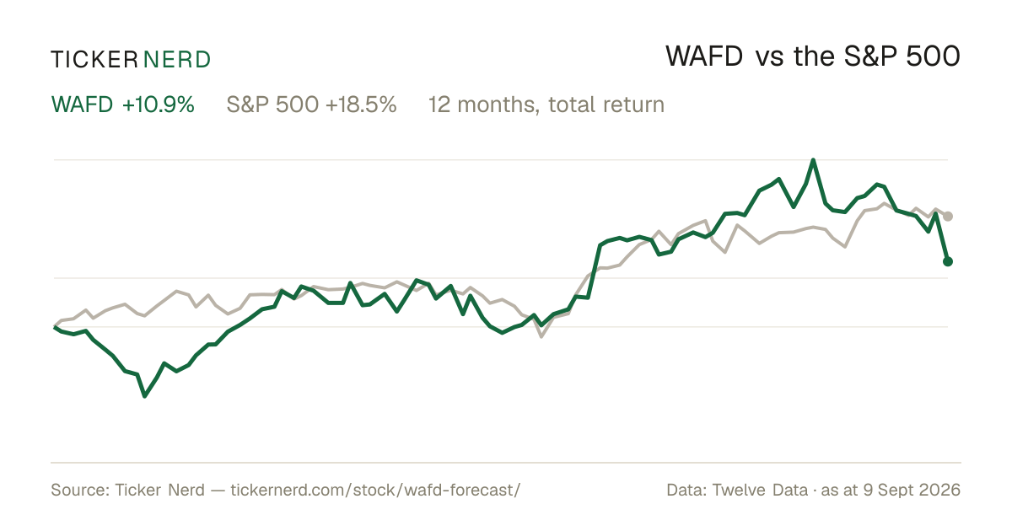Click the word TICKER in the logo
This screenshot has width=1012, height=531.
[x=94, y=60]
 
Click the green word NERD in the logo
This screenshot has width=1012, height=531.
[x=177, y=60]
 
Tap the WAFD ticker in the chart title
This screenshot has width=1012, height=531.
[x=704, y=56]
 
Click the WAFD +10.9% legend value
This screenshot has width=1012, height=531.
[x=123, y=105]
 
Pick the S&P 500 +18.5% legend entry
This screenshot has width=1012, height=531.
[x=311, y=105]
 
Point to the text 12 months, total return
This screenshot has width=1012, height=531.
[x=546, y=105]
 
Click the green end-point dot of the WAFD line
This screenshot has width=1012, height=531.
[x=948, y=261]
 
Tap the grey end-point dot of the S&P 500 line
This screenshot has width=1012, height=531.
[x=948, y=217]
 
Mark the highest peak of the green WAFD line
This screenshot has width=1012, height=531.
[x=813, y=160]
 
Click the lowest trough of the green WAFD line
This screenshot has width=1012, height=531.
[x=144, y=396]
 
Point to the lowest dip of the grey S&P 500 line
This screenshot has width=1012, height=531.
[x=541, y=336]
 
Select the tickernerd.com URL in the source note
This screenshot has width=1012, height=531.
[x=375, y=490]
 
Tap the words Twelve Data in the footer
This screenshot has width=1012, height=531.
[x=760, y=490]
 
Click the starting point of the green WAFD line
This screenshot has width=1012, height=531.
[x=55, y=327]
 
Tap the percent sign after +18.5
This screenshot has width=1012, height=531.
[x=389, y=105]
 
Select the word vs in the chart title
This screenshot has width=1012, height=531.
[x=769, y=59]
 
